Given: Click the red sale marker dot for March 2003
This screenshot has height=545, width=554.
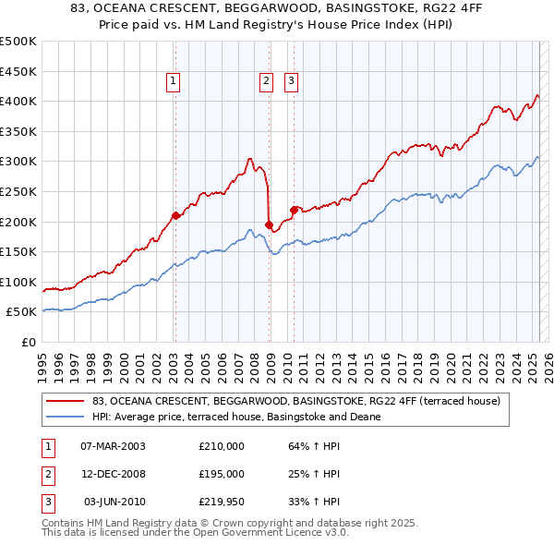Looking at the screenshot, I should pos(175,216).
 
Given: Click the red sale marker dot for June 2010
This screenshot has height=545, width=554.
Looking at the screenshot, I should pos(294,210).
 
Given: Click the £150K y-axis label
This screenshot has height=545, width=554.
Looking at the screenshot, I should pos(18,251).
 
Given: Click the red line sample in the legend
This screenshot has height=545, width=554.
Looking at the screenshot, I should pos(65,401).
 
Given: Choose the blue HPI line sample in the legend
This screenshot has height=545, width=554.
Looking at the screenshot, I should pos(65,417).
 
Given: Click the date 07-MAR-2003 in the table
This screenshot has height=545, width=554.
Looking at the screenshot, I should pos(113,446).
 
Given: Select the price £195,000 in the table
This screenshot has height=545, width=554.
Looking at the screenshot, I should pos(222,474).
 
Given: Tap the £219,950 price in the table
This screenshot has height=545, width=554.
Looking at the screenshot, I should pos(222,502).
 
